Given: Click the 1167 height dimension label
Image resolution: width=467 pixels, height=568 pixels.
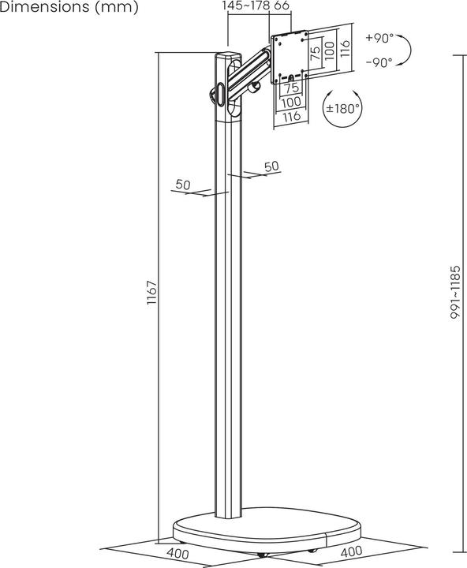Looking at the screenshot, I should click(x=155, y=293).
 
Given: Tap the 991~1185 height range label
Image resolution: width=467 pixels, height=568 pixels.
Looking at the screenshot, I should click(x=455, y=291).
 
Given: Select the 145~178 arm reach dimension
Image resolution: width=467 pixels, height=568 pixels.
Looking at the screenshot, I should click(x=245, y=6).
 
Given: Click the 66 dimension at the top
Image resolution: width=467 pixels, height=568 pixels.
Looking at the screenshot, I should click(x=282, y=6).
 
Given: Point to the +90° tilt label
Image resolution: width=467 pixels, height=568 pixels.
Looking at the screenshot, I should click(x=380, y=39).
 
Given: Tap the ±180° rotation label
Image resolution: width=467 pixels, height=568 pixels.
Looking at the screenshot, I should click(x=345, y=108).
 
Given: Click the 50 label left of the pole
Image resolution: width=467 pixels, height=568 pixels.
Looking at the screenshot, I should click(x=183, y=185).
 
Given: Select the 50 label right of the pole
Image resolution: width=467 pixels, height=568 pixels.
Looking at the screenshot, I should click(x=271, y=166).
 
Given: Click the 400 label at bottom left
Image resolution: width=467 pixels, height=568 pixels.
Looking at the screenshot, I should click(x=178, y=553).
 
